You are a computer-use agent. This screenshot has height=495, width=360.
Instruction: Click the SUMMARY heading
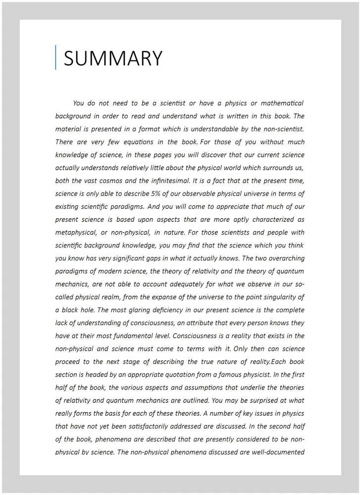click(113, 58)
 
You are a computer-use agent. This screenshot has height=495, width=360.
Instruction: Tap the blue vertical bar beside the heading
click(56, 57)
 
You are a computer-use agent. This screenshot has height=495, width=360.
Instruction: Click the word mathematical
click(282, 103)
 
